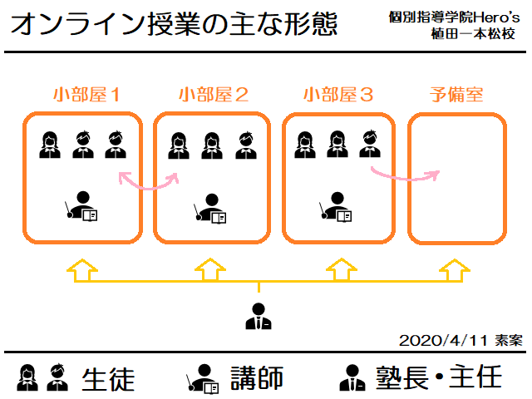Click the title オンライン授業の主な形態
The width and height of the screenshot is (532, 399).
(175, 23)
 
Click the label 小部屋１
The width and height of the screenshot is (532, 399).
(85, 94)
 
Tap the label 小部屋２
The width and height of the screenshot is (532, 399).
(213, 94)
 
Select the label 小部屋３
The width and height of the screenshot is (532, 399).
(338, 94)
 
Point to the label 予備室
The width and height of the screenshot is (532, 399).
(456, 94)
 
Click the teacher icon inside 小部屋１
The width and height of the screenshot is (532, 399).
(81, 206)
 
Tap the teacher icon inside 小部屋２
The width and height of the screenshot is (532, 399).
(209, 208)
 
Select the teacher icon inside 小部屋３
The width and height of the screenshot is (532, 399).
(337, 206)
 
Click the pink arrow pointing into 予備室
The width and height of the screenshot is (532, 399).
(405, 173)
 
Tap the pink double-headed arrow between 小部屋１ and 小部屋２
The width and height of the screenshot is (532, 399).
(149, 180)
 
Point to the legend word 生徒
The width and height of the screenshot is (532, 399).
(108, 378)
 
